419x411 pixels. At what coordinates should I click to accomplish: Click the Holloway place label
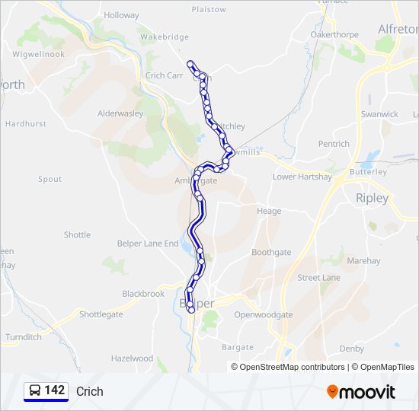pyautogui.click(x=122, y=15)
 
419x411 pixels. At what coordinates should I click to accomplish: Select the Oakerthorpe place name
pyautogui.click(x=335, y=34)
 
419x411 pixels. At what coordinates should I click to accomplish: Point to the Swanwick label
pyautogui.click(x=380, y=114)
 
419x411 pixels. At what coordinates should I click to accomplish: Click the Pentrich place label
pyautogui.click(x=334, y=144)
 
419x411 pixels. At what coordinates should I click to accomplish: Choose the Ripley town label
pyautogui.click(x=372, y=198)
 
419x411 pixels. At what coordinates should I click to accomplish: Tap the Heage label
pyautogui.click(x=268, y=212)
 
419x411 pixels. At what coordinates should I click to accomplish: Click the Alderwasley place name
pyautogui.click(x=120, y=113)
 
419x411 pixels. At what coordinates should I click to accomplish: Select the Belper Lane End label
pyautogui.click(x=148, y=244)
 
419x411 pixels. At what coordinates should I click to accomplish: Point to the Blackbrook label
pyautogui.click(x=143, y=294)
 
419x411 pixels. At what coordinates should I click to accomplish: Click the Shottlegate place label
pyautogui.click(x=101, y=314)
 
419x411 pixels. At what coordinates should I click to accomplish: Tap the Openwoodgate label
pyautogui.click(x=264, y=314)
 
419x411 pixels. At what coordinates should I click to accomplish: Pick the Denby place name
pyautogui.click(x=352, y=349)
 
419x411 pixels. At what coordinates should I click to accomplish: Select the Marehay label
pyautogui.click(x=363, y=260)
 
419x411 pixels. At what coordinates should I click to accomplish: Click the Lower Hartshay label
pyautogui.click(x=302, y=177)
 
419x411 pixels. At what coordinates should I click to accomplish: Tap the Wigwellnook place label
pyautogui.click(x=39, y=55)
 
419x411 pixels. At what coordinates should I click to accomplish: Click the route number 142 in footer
pyautogui.click(x=55, y=390)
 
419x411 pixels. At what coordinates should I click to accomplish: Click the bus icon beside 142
pyautogui.click(x=35, y=391)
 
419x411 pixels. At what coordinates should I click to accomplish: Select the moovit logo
pyautogui.click(x=361, y=392)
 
